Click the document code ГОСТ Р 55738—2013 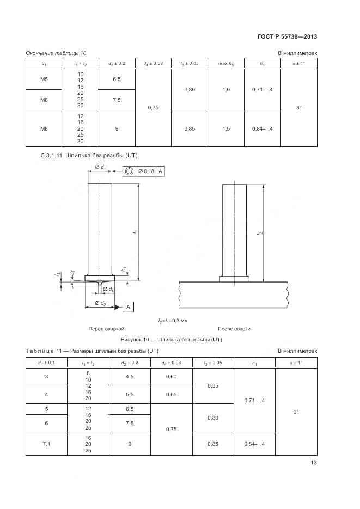pyautogui.click(x=287, y=36)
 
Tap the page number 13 pyautogui.click(x=313, y=463)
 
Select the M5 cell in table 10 pyautogui.click(x=44, y=79)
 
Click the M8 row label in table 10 pyautogui.click(x=44, y=128)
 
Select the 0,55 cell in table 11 pyautogui.click(x=213, y=385)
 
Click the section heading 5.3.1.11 pyautogui.click(x=89, y=155)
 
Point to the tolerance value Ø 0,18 pyautogui.click(x=146, y=171)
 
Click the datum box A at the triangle pyautogui.click(x=129, y=308)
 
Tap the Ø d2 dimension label pyautogui.click(x=100, y=302)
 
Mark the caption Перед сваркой pyautogui.click(x=106, y=329)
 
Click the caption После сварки pyautogui.click(x=234, y=329)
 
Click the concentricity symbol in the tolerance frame pyautogui.click(x=129, y=171)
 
